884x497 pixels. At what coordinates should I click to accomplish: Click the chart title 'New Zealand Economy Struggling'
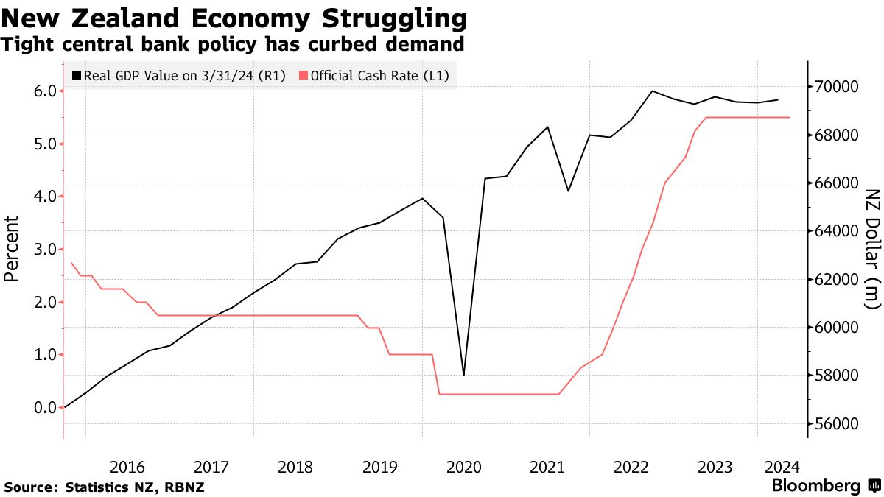(x=234, y=18)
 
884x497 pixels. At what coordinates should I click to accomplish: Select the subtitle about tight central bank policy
(x=233, y=45)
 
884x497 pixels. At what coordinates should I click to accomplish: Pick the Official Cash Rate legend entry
(x=375, y=75)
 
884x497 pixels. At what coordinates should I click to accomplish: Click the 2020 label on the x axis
(x=464, y=466)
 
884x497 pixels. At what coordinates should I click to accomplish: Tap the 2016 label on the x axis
(x=127, y=466)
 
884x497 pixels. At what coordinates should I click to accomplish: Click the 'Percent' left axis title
(x=12, y=249)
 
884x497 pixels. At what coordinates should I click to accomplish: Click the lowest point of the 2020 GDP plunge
(x=463, y=376)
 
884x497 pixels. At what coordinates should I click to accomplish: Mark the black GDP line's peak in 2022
(x=652, y=91)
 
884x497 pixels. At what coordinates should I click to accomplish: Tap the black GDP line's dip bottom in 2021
(x=568, y=191)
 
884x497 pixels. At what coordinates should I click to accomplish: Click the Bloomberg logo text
(x=816, y=486)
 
